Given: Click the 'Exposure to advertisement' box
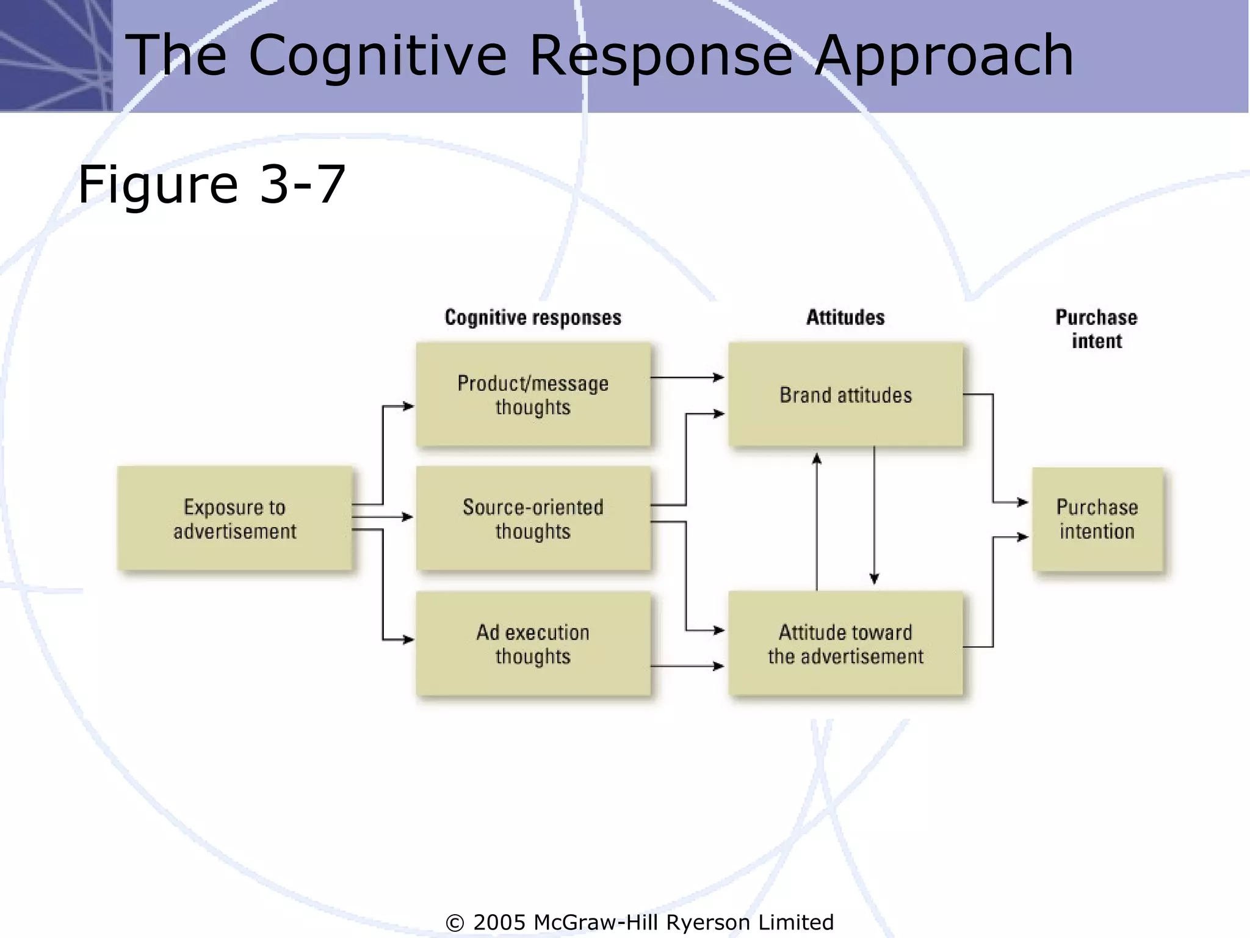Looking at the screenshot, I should (x=235, y=518).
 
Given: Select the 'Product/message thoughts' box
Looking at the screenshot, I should (x=533, y=394).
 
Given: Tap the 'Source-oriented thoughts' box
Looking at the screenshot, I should (x=533, y=518).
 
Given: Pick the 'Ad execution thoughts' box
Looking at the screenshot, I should (x=533, y=644).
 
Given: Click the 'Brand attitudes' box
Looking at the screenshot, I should (x=845, y=394).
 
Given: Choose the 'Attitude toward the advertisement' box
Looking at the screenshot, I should (x=845, y=644).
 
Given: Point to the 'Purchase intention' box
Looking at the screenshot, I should (x=1097, y=519).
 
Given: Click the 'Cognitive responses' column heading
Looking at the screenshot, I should (x=533, y=318).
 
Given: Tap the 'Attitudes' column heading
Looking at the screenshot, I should (x=845, y=318).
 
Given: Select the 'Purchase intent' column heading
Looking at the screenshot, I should (x=1097, y=329).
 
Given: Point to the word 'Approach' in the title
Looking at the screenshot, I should (x=944, y=56).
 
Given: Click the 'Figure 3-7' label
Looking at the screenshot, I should (x=212, y=184).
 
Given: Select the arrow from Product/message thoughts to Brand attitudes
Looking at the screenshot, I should (x=687, y=377).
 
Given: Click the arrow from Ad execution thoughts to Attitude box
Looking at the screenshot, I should (x=687, y=666).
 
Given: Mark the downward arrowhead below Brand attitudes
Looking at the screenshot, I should (x=874, y=578).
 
